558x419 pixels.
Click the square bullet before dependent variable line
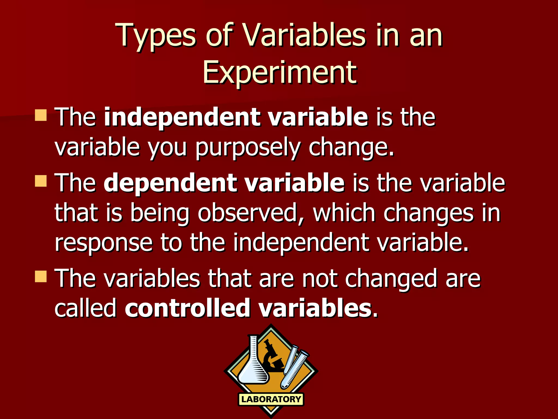[41, 181]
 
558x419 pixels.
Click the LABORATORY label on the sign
[271, 399]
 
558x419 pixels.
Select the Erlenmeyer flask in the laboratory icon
[253, 366]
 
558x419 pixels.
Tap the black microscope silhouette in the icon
[272, 357]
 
